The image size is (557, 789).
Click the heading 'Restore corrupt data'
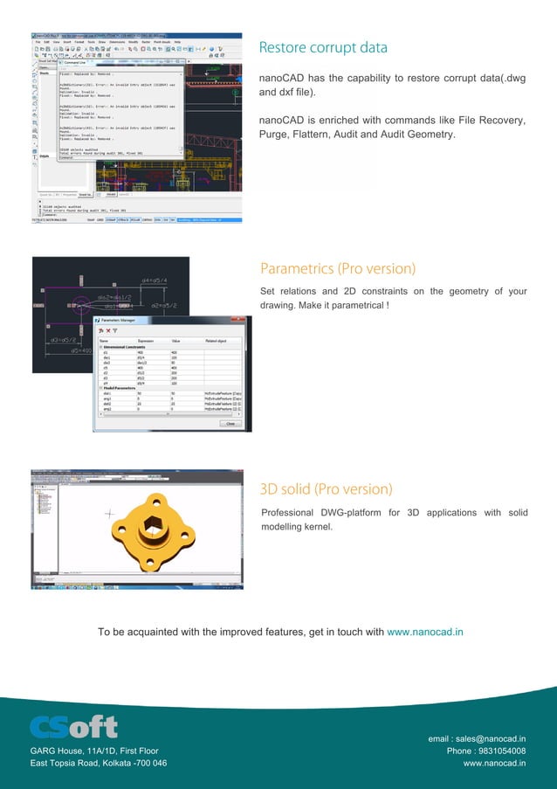(x=323, y=47)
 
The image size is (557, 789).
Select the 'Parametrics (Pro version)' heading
(x=338, y=268)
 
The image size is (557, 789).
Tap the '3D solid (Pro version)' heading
(x=327, y=488)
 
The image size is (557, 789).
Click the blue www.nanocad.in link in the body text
(x=425, y=632)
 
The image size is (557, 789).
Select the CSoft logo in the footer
(x=73, y=727)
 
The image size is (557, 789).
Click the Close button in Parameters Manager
(x=230, y=424)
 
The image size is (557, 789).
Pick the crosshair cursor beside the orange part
(x=109, y=513)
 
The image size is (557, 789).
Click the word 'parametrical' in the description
(x=353, y=306)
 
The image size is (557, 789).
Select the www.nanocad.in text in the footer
(x=494, y=763)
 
